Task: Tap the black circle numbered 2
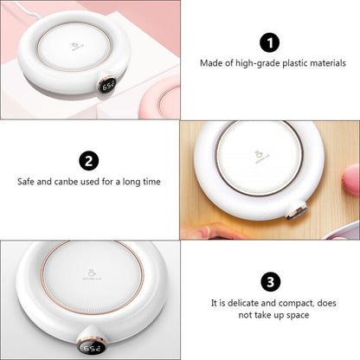[88, 160]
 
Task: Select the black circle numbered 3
[270, 281]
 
